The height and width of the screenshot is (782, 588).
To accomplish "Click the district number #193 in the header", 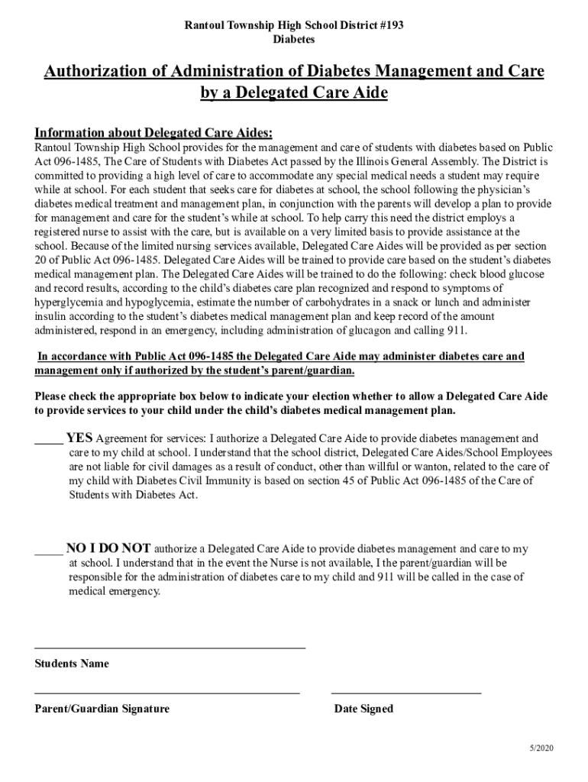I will pyautogui.click(x=391, y=25).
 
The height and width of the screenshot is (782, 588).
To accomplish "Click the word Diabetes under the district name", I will pyautogui.click(x=294, y=39).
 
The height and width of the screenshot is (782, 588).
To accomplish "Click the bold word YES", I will pyautogui.click(x=79, y=438).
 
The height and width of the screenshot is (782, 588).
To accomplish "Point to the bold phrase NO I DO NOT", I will pyautogui.click(x=108, y=548).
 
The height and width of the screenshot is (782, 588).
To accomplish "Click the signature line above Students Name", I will pyautogui.click(x=170, y=648).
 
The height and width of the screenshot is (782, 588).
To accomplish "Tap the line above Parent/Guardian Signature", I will pyautogui.click(x=166, y=693).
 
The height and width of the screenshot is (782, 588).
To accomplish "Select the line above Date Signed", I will pyautogui.click(x=406, y=693).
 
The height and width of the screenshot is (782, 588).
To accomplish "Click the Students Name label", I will pyautogui.click(x=72, y=664).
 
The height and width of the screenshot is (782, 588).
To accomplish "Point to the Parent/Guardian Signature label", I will pyautogui.click(x=102, y=709).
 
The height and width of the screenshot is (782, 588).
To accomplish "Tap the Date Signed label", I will pyautogui.click(x=363, y=709).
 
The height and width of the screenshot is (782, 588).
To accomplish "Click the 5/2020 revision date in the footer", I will pyautogui.click(x=541, y=748).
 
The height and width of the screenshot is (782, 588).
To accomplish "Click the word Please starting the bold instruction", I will pyautogui.click(x=50, y=396).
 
